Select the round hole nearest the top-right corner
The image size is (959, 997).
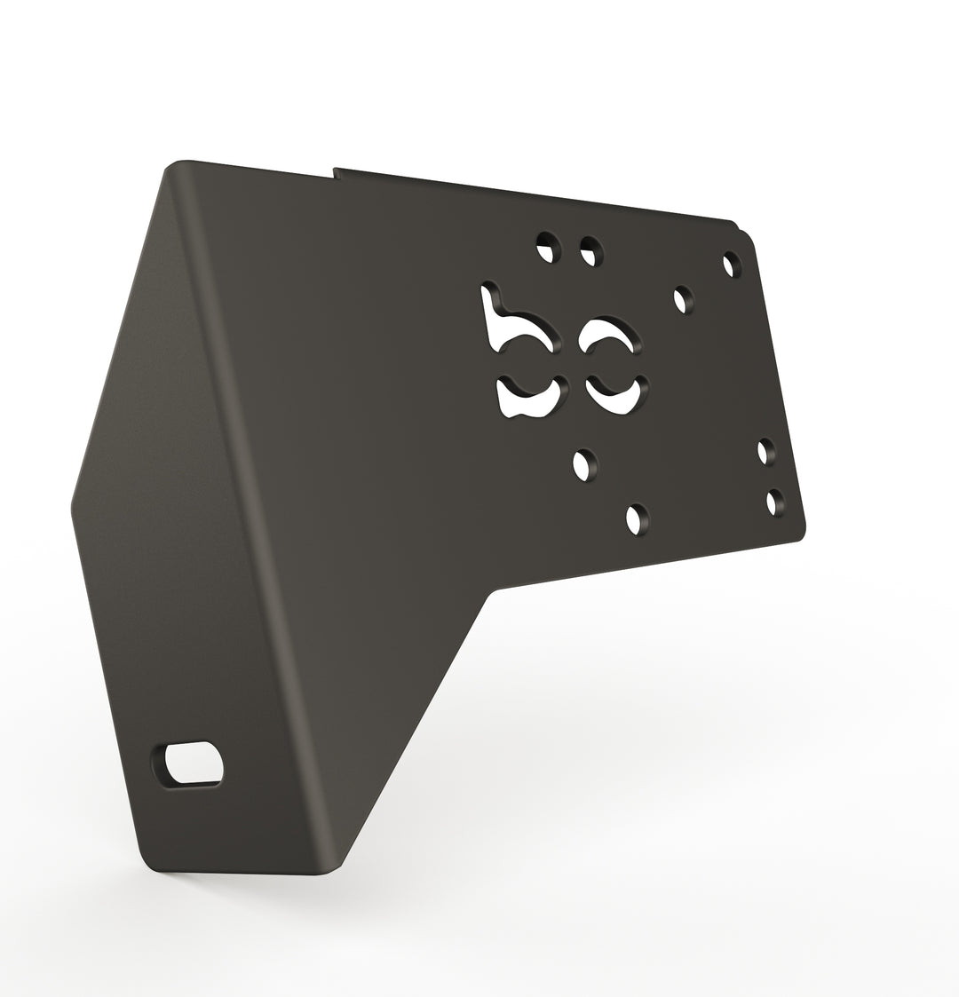point(732,264)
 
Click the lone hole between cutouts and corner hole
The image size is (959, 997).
point(683,299)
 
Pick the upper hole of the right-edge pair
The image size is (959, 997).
point(765,451)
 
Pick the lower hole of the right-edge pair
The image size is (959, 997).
point(775,502)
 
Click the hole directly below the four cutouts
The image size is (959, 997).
point(584,464)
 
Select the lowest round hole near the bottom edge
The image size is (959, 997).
point(637,518)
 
